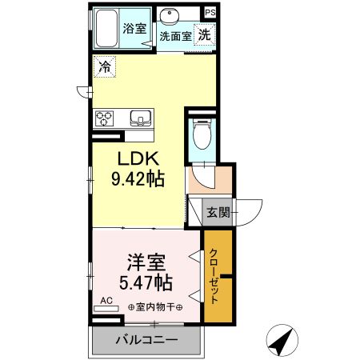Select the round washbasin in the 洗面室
click(170, 18)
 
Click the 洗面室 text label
click(174, 36)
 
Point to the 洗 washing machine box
click(205, 34)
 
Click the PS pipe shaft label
click(209, 13)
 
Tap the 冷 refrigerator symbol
click(105, 68)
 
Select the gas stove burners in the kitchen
click(105, 119)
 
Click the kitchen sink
click(141, 119)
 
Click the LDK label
click(138, 159)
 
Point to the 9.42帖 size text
click(138, 179)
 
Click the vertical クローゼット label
click(215, 277)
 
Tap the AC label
click(106, 302)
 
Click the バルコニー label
click(146, 339)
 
